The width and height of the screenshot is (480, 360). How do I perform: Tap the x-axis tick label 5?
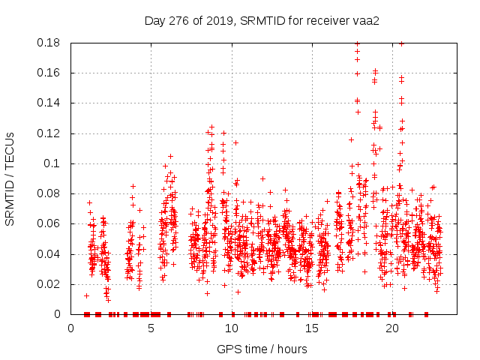[151, 328]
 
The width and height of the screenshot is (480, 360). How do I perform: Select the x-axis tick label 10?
[231, 328]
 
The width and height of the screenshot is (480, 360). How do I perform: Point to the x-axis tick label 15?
[311, 328]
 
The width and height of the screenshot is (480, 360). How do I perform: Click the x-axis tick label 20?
[391, 328]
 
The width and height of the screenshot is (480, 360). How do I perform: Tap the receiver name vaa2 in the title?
[367, 20]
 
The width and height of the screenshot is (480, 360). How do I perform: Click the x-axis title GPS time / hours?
[262, 349]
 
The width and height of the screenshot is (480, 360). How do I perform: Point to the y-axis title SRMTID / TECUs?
[10, 178]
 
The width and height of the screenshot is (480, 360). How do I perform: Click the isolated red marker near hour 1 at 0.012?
[86, 295]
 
